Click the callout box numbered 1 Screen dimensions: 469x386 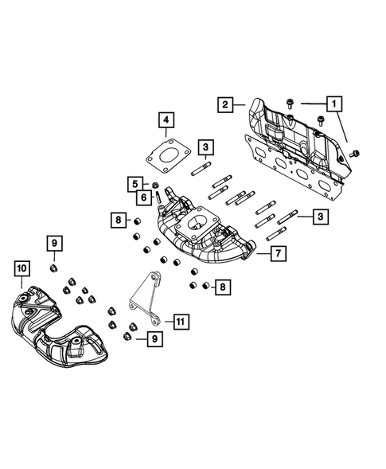pos(334,103)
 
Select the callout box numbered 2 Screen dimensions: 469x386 pos(225,104)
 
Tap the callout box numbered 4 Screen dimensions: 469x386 pos(166,121)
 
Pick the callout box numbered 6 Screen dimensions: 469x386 pos(144,197)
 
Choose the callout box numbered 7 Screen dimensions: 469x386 pos(279,255)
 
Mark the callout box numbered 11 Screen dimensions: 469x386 pos(181,322)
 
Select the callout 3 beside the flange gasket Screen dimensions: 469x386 pos(205,147)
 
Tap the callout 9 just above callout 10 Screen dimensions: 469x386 pos(56,244)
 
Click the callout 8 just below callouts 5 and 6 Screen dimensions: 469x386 pos(117,219)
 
